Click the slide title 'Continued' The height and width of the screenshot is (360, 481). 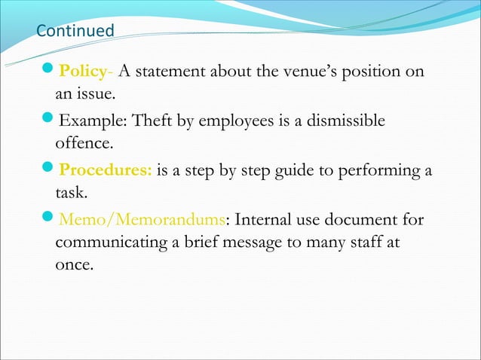[75, 32]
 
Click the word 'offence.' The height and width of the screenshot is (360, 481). [84, 144]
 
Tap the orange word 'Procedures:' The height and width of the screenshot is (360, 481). [106, 170]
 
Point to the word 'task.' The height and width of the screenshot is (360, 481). [72, 194]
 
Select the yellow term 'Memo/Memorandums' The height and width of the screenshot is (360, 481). [142, 219]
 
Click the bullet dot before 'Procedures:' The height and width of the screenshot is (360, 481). [50, 169]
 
